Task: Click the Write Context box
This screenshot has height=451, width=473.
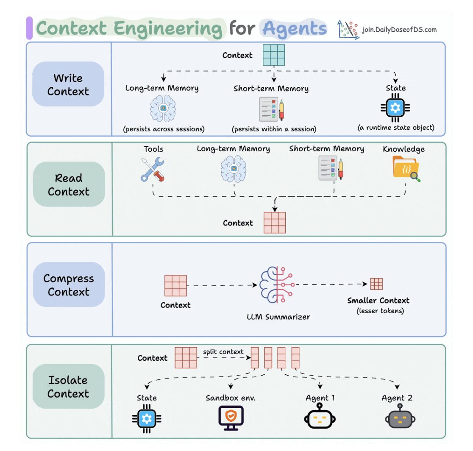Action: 68,84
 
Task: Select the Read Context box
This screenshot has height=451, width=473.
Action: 69,184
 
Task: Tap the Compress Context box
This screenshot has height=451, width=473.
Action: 69,285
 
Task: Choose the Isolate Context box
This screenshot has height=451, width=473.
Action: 68,387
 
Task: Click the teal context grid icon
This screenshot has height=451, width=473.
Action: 274,55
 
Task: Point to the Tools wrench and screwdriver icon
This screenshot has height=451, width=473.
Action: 153,169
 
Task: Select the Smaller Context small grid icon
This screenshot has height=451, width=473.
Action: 376,284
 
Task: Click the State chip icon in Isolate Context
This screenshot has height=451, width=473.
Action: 147,419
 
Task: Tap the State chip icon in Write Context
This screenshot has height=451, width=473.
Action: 395,108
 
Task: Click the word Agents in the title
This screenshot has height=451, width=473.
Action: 295,29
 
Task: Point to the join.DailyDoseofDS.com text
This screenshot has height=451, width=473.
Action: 399,30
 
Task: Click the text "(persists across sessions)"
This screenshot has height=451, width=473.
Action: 164,129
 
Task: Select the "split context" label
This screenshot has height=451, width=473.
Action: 223,352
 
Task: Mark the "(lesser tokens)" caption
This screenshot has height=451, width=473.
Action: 378,311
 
